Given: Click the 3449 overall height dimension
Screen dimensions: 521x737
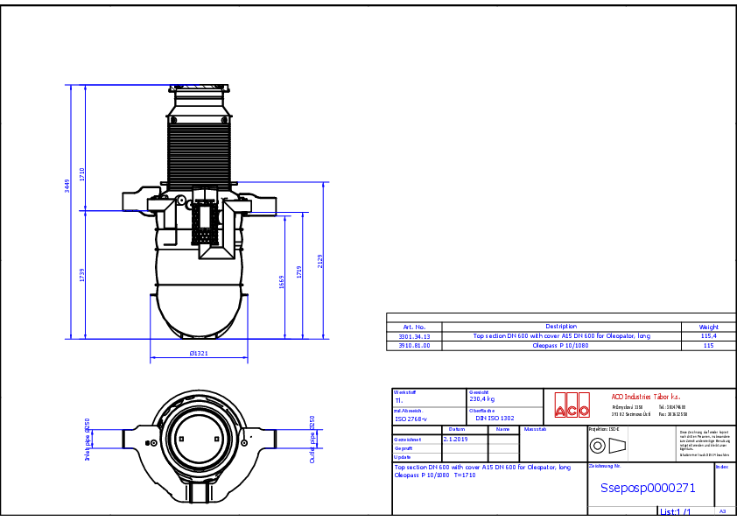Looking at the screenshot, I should pos(67,186).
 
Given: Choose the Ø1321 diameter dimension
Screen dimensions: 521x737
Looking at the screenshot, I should pos(199,354).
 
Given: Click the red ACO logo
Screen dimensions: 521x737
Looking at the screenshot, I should pos(572,405).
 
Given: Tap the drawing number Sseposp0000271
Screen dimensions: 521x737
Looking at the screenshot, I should pos(648,489).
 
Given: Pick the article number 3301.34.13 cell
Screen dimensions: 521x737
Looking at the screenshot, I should pos(414,336).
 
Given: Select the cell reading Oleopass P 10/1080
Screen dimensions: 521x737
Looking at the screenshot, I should pos(561,346).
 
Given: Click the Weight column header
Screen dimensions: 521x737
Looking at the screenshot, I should pos(708,327).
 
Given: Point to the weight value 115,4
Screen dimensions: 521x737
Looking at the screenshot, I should pos(708,336).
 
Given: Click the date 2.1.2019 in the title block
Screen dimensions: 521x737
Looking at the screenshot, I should pos(456,438).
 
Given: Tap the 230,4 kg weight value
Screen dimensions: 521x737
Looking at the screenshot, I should pos(482,399).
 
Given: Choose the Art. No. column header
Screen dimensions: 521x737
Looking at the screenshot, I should pos(414,327).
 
